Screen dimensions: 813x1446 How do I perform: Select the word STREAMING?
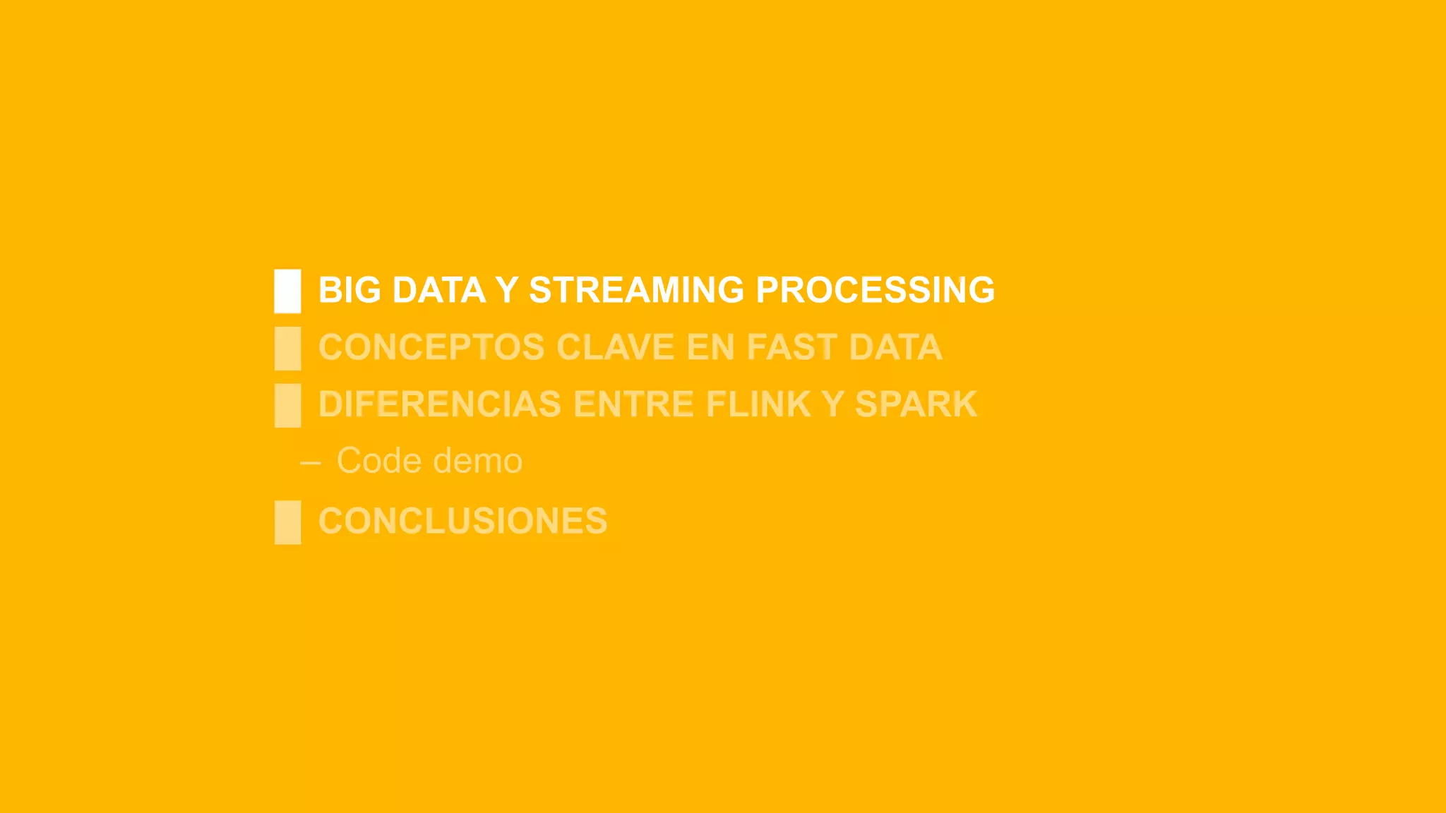pyautogui.click(x=636, y=290)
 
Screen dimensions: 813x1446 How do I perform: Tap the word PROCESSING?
pyautogui.click(x=875, y=290)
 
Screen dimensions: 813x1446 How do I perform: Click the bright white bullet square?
pyautogui.click(x=287, y=291)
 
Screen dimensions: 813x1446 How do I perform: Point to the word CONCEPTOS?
pyautogui.click(x=431, y=347)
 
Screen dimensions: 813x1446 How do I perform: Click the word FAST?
pyautogui.click(x=791, y=347)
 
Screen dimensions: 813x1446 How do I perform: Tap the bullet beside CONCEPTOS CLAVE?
pyautogui.click(x=287, y=348)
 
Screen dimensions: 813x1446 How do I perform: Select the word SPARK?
pyautogui.click(x=916, y=404)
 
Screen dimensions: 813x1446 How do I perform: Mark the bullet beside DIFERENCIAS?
pyautogui.click(x=287, y=405)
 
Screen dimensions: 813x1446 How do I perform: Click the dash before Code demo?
pyautogui.click(x=311, y=463)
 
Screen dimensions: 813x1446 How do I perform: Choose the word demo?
pyautogui.click(x=477, y=461)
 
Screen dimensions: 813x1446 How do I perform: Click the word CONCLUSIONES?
pyautogui.click(x=462, y=521)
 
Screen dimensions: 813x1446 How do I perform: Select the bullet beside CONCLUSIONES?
pyautogui.click(x=287, y=522)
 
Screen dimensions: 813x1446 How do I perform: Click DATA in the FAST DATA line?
pyautogui.click(x=895, y=347)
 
